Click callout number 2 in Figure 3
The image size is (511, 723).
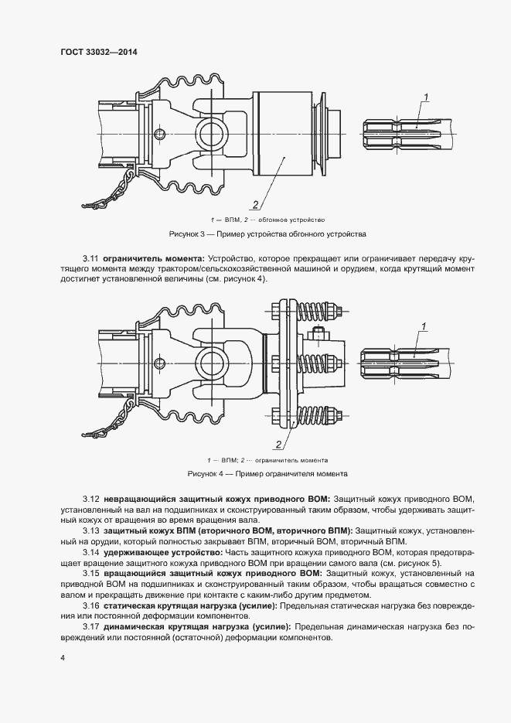pyautogui.click(x=254, y=204)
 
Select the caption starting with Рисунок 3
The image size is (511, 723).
pyautogui.click(x=267, y=233)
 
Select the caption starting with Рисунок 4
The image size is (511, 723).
pyautogui.click(x=267, y=472)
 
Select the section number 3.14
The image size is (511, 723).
pyautogui.click(x=90, y=554)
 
